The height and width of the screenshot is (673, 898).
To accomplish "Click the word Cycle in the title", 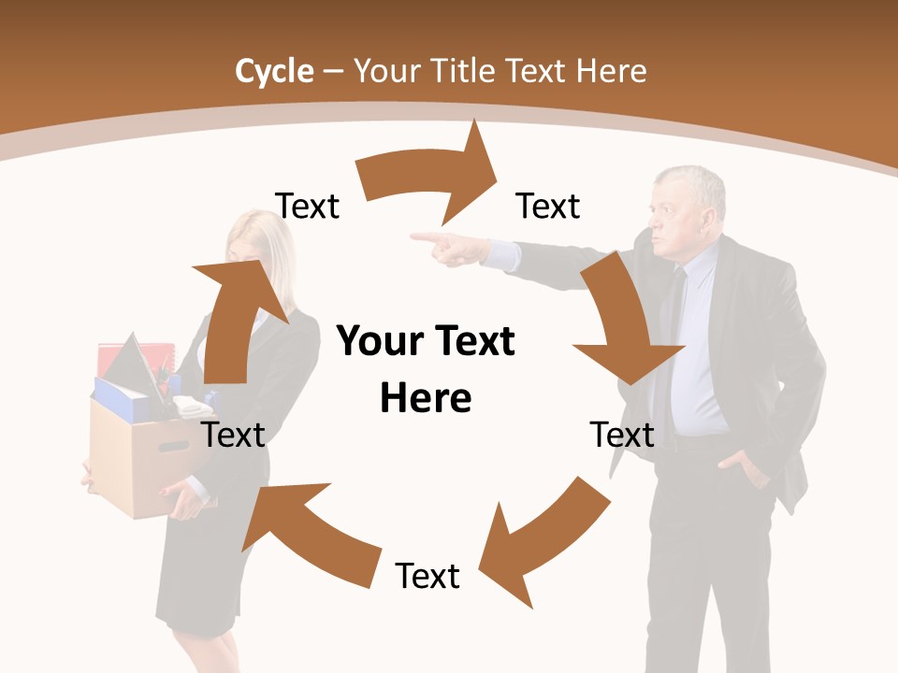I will [274, 71].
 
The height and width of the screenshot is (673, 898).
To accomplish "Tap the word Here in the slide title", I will [611, 71].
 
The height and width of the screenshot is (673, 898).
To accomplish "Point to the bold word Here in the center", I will [426, 398].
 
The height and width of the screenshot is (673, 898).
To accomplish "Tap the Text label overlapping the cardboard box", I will [234, 435].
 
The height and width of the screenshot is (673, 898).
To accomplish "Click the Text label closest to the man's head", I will [548, 206].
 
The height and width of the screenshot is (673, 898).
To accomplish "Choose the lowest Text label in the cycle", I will [427, 576].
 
